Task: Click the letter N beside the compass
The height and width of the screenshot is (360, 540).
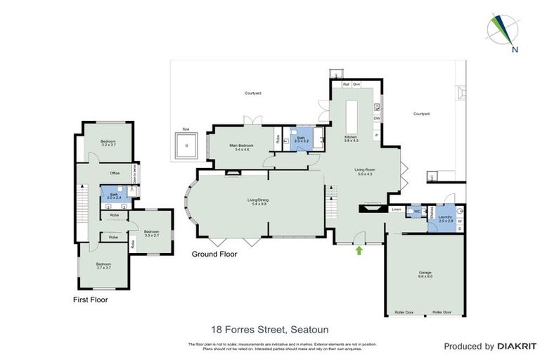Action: pos(515,49)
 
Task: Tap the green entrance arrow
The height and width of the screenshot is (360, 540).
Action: pos(360,249)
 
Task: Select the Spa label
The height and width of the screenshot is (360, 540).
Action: pos(186,129)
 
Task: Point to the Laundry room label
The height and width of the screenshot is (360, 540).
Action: pos(444,219)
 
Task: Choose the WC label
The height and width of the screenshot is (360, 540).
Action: pos(417,211)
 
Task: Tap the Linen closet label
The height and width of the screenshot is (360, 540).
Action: pos(397,210)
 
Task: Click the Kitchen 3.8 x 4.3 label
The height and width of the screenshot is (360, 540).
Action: pos(351,139)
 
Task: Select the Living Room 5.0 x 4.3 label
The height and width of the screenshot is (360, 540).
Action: pos(364,172)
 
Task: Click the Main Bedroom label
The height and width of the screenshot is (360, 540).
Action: pos(242,147)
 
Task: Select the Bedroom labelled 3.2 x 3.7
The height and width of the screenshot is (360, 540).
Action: pos(108,143)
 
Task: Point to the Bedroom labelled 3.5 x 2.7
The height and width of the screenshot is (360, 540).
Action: pos(153,233)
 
